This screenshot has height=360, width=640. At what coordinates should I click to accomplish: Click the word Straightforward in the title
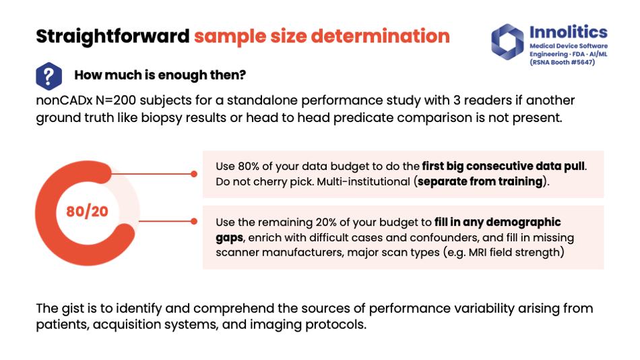pyautogui.click(x=113, y=36)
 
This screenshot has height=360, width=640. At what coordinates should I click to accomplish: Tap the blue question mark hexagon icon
pyautogui.click(x=49, y=76)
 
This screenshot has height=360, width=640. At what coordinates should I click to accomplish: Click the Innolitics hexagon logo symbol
pyautogui.click(x=507, y=42)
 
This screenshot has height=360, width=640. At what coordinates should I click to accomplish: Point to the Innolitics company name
pyautogui.click(x=568, y=32)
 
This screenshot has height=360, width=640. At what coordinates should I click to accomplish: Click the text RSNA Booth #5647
pyautogui.click(x=562, y=63)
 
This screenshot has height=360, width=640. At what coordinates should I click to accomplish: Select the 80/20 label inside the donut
pyautogui.click(x=87, y=211)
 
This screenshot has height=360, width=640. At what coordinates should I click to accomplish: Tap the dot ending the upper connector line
pyautogui.click(x=194, y=174)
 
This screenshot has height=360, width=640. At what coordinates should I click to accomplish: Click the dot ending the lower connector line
pyautogui.click(x=194, y=221)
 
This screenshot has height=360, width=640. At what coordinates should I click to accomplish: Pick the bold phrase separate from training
pyautogui.click(x=480, y=181)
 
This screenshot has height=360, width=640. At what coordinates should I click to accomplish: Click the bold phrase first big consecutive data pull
pyautogui.click(x=503, y=167)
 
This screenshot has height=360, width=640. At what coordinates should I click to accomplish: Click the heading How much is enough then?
pyautogui.click(x=160, y=76)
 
